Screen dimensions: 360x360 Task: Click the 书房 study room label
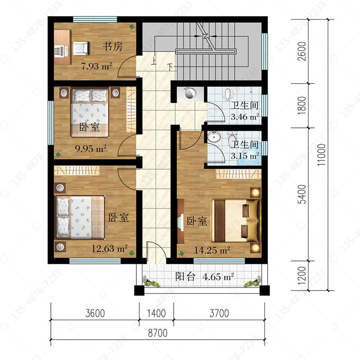click(112, 47)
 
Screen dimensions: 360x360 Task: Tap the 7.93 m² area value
click(96, 66)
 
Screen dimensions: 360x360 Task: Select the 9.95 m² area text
click(91, 149)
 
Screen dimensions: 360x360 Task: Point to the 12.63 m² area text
click(109, 248)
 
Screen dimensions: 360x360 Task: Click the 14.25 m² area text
click(212, 250)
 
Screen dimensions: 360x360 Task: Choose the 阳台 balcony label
click(185, 276)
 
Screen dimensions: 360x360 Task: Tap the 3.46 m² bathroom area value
click(245, 117)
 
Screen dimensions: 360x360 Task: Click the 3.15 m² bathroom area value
click(245, 156)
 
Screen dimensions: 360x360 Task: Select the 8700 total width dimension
click(157, 333)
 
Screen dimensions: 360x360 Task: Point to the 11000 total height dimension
click(322, 155)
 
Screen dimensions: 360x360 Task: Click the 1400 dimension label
click(156, 313)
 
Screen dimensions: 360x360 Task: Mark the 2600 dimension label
click(302, 51)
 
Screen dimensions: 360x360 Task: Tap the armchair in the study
click(80, 48)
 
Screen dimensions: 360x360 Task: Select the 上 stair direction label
click(154, 62)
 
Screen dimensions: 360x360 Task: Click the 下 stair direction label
click(170, 67)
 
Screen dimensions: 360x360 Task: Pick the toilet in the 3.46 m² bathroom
click(228, 94)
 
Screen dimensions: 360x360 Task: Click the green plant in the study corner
click(132, 27)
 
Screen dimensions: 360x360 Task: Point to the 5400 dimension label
click(302, 194)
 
